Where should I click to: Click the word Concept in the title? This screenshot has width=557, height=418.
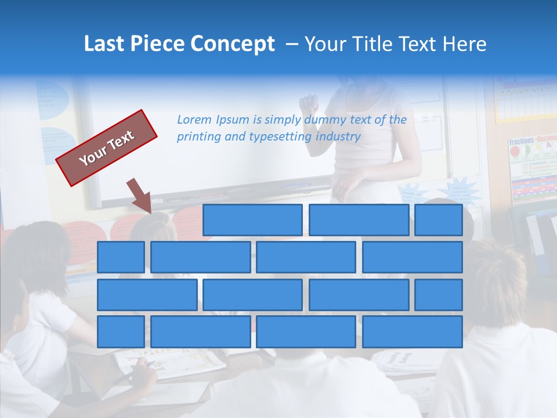click(x=233, y=44)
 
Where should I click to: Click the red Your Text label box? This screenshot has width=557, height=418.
click(x=107, y=148)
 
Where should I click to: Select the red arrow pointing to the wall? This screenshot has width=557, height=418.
click(x=139, y=195)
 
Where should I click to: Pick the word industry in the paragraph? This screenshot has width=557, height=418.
click(x=338, y=136)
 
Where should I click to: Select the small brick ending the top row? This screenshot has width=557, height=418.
click(x=439, y=220)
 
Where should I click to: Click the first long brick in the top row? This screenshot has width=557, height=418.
click(x=252, y=220)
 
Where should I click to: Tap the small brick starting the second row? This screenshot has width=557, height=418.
click(x=121, y=257)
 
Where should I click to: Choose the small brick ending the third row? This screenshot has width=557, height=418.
click(x=439, y=294)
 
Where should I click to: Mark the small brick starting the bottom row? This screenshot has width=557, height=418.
click(x=121, y=331)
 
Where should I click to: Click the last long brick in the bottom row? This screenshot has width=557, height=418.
click(x=413, y=331)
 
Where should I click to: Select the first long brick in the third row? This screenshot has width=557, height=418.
click(x=147, y=294)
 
